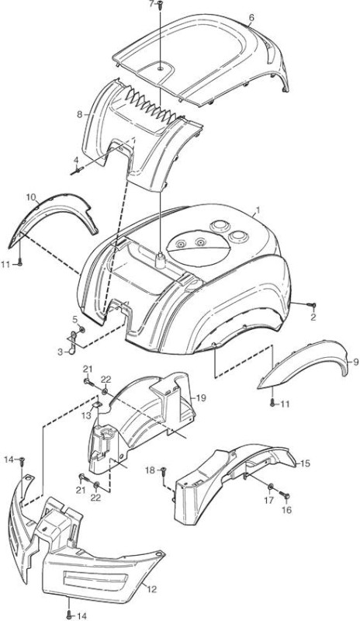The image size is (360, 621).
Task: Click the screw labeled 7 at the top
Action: click(x=160, y=5)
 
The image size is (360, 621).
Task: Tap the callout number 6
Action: click(x=251, y=17)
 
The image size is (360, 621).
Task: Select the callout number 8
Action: click(x=80, y=115)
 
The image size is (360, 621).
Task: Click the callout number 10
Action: click(x=31, y=197)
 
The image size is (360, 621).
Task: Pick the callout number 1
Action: click(x=258, y=209)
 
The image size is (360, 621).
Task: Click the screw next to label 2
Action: click(x=312, y=305)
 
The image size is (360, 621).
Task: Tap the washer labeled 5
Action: click(x=81, y=329)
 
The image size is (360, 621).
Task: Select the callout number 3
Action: click(x=60, y=352)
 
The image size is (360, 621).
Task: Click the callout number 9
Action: click(x=355, y=362)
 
